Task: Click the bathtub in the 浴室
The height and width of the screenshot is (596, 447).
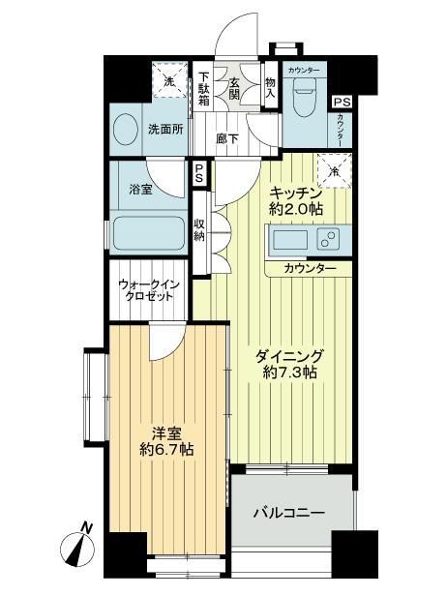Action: [148, 233]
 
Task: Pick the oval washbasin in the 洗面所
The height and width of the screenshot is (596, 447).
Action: [127, 129]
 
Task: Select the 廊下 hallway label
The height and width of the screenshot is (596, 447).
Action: [229, 138]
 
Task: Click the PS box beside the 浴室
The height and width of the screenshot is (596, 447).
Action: [198, 176]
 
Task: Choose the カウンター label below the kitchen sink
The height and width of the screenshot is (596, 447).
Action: [311, 266]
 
